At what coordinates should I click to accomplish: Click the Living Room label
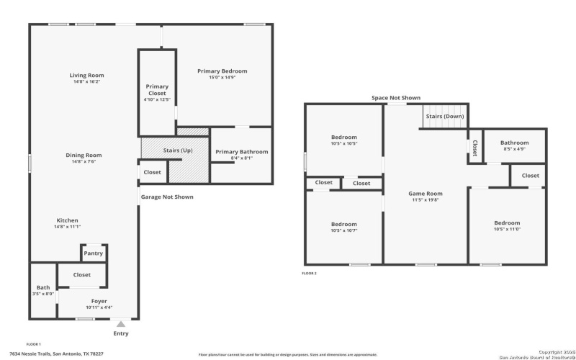(x=86, y=76)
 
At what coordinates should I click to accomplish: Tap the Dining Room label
(x=84, y=155)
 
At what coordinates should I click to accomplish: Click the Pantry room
(x=94, y=253)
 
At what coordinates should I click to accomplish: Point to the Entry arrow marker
(x=121, y=325)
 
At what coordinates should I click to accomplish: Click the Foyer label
(x=99, y=301)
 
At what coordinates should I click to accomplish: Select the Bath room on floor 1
(x=43, y=290)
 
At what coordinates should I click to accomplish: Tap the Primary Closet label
(x=157, y=90)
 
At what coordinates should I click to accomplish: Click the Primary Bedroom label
(x=222, y=71)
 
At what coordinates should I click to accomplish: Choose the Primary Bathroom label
(x=242, y=152)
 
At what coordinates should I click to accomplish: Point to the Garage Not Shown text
(x=166, y=197)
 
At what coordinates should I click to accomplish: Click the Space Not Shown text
(x=396, y=98)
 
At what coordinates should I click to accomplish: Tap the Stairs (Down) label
(x=444, y=116)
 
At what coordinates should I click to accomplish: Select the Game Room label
(x=426, y=193)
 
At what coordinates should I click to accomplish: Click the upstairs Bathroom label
(x=514, y=143)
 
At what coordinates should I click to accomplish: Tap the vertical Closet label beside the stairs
(x=474, y=147)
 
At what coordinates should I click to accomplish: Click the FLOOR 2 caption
(x=309, y=274)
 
